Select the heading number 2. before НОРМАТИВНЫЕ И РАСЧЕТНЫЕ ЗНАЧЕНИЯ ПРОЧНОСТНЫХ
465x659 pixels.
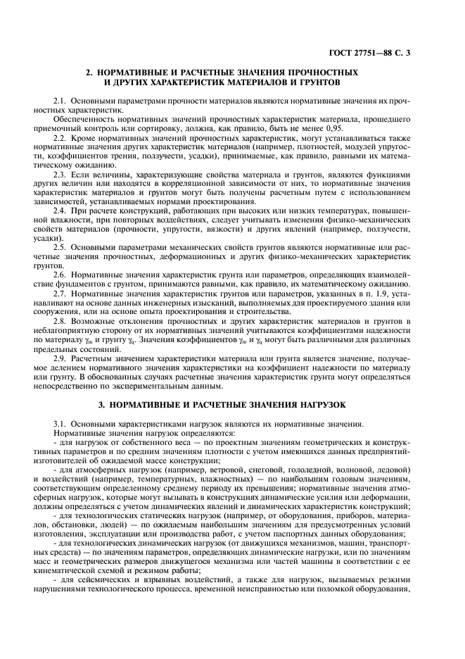[89, 73]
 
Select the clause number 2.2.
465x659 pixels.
[60, 140]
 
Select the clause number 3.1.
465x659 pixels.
[60, 423]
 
